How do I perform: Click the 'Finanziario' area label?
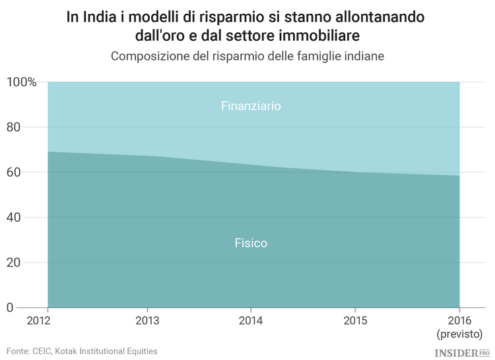(251, 105)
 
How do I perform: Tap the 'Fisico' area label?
(251, 243)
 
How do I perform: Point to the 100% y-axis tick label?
(21, 82)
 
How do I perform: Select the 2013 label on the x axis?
(148, 321)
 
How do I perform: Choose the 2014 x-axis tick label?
(251, 321)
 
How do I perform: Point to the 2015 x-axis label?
(356, 321)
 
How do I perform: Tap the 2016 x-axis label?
(459, 321)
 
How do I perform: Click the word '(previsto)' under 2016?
(460, 334)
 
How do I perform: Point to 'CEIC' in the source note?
(45, 351)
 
